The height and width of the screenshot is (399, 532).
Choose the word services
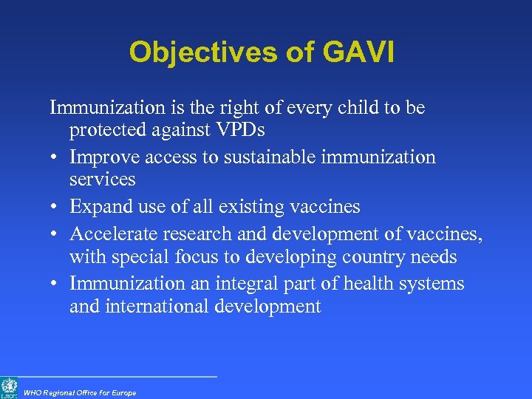click(102, 179)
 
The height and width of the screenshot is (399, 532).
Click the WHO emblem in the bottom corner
click(10, 386)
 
